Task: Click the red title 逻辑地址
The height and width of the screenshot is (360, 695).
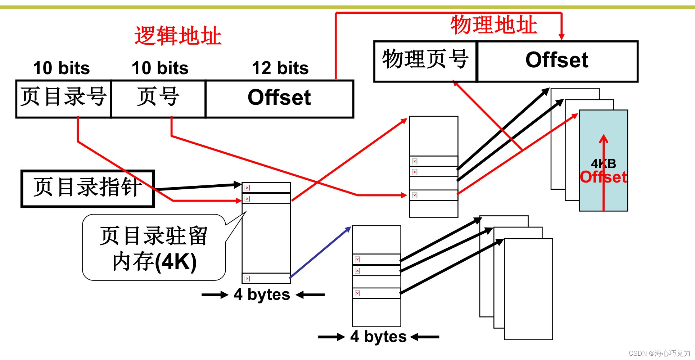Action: (x=178, y=36)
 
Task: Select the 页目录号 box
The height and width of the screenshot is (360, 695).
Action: (x=63, y=98)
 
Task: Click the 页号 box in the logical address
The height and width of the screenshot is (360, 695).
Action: (x=158, y=98)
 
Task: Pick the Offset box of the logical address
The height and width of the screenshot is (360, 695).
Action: (x=279, y=98)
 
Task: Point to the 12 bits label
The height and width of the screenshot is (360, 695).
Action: (x=280, y=68)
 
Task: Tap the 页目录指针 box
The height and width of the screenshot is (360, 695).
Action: (x=87, y=188)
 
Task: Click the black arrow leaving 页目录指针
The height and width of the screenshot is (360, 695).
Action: (x=198, y=187)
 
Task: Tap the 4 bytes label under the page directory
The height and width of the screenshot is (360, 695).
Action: (x=262, y=294)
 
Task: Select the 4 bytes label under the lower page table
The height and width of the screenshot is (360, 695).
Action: (x=378, y=337)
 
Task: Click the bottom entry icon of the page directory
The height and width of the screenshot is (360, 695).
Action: (x=247, y=278)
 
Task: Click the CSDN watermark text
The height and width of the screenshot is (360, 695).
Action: (x=659, y=353)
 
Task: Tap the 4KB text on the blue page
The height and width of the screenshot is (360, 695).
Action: (x=603, y=164)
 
